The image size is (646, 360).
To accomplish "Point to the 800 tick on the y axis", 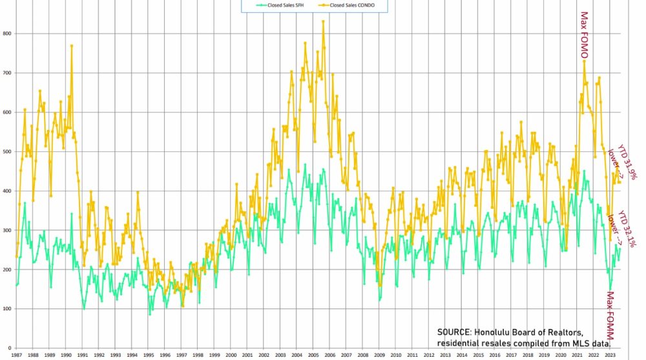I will click(x=8, y=33).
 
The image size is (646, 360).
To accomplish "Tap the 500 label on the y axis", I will click(x=8, y=151).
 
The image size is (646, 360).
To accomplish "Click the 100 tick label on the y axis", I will click(x=8, y=309).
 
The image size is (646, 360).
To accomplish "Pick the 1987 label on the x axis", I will click(x=17, y=355).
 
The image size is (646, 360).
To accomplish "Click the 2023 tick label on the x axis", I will click(x=610, y=355).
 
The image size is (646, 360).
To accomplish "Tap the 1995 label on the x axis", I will click(x=149, y=355).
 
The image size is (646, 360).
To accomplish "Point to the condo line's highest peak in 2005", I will click(x=323, y=21).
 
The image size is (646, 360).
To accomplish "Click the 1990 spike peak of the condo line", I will click(x=71, y=45).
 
